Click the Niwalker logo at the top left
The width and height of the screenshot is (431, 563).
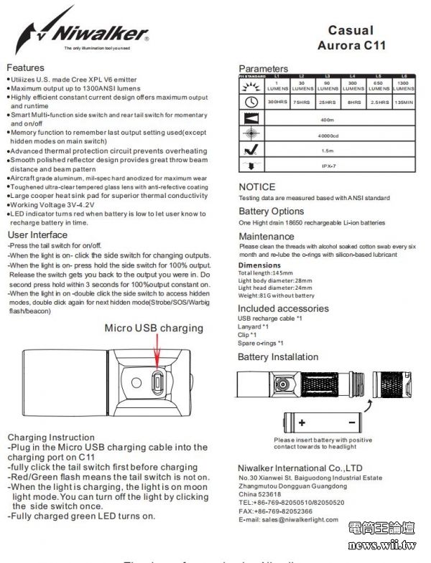coord(83,32)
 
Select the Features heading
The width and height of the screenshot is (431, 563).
coord(26,68)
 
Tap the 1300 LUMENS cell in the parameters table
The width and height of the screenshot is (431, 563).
coord(404,86)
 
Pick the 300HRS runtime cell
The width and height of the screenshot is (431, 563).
coord(277,103)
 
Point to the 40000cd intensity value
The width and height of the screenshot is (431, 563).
coord(328,135)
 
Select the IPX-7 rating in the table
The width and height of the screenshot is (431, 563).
coord(328,166)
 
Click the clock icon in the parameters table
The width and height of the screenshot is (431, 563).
coord(251,103)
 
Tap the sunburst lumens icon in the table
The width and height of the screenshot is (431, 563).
coord(251,85)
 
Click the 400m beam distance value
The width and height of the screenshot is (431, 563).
coord(328,119)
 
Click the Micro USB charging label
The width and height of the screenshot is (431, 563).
coord(154,328)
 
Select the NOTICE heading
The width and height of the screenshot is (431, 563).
coord(256,187)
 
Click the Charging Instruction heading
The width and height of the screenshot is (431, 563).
coord(51,437)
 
